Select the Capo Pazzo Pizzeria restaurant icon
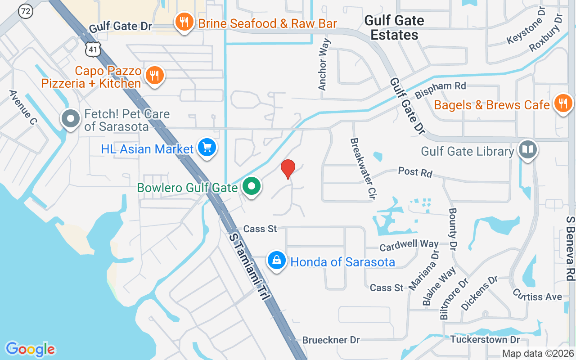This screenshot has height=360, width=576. [x=155, y=75]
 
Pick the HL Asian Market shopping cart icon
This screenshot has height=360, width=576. [x=207, y=148]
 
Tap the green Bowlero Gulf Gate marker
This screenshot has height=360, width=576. [x=252, y=186]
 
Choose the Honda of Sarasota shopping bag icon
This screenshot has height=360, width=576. [x=277, y=261]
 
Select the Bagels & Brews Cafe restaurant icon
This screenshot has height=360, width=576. [x=562, y=104]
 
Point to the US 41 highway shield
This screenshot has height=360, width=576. [x=93, y=50]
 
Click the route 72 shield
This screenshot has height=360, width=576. [x=25, y=12]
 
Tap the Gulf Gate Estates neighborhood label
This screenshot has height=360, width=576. [x=394, y=27]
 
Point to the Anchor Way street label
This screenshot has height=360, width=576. [x=324, y=64]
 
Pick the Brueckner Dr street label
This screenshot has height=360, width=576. [x=331, y=340]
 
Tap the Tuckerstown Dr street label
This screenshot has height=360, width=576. [x=485, y=339]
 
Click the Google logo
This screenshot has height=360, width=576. [x=30, y=349]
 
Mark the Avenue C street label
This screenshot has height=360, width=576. [x=23, y=108]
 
